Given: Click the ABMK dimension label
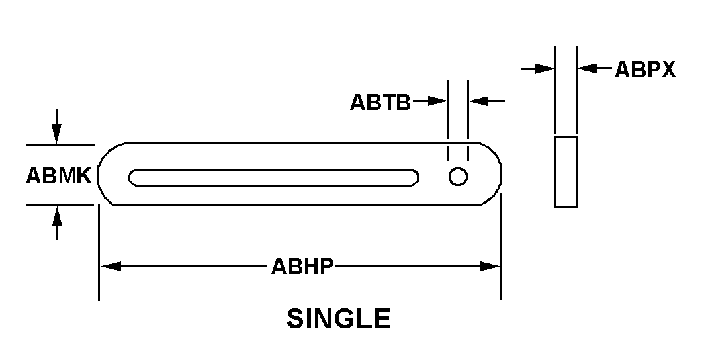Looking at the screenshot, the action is (59, 175).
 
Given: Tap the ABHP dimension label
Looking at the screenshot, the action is (302, 267).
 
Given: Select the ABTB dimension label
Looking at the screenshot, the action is (380, 102).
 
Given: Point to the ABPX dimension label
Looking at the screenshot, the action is (645, 70).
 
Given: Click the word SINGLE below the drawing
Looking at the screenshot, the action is (339, 319).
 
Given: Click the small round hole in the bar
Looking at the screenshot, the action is (458, 177).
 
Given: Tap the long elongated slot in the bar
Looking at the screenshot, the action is (274, 178).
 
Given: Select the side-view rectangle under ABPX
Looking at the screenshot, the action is (566, 171).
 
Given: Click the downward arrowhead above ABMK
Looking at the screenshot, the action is (56, 133).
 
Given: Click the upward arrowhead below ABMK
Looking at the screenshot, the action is (57, 216).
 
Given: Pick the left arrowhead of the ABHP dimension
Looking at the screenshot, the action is (110, 266).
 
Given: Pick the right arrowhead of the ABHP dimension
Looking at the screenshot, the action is (490, 266).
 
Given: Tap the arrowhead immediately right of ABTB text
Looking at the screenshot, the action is (437, 101).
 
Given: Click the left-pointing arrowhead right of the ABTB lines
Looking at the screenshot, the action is (478, 101).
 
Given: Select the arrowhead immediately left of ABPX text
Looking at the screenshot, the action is (588, 69).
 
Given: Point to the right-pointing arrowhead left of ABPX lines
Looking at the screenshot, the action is (545, 69).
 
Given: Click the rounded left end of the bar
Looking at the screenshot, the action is (99, 174).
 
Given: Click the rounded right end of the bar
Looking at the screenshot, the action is (501, 174).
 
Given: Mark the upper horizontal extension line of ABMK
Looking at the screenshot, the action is (60, 146).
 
